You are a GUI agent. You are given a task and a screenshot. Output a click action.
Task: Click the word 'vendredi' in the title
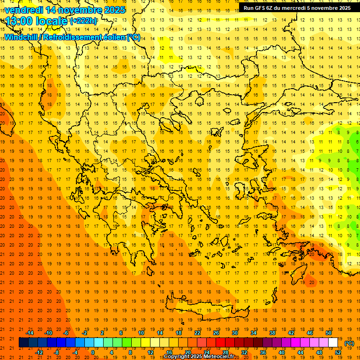(23, 10)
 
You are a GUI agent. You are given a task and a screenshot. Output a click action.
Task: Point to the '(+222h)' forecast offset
(83, 21)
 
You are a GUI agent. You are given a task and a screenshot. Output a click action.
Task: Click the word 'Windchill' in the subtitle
(22, 37)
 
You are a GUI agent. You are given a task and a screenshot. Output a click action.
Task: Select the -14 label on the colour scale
(30, 333)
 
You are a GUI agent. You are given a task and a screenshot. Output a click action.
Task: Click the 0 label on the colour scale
(92, 352)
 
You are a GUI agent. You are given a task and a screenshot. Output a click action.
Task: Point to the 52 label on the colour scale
(338, 352)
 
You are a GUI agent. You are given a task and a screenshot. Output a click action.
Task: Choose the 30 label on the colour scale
(234, 333)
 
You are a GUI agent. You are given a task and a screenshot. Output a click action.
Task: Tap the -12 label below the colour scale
(39, 352)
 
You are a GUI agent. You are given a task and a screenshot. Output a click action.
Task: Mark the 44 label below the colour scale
(300, 352)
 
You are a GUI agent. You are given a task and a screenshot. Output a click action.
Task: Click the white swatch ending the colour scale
(333, 343)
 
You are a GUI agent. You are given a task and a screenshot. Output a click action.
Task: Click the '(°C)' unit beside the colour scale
(349, 343)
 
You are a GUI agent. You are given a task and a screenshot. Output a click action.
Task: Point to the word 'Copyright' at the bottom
(177, 357)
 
